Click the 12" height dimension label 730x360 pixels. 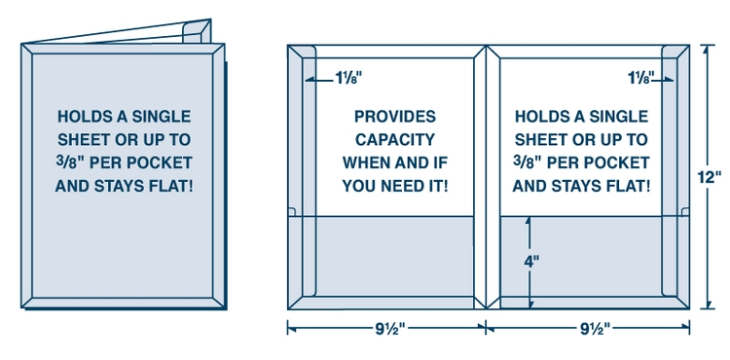click(709, 177)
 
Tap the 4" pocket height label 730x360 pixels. click(531, 262)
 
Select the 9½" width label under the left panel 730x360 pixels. click(390, 329)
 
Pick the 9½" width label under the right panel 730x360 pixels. click(595, 329)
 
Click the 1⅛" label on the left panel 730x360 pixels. click(348, 78)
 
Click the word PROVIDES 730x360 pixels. click(395, 117)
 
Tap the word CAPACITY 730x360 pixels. click(395, 139)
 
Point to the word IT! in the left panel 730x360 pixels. click(439, 187)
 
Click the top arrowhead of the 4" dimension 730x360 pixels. click(529, 220)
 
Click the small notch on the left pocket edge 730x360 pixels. click(291, 211)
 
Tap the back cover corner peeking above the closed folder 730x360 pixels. click(198, 31)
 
